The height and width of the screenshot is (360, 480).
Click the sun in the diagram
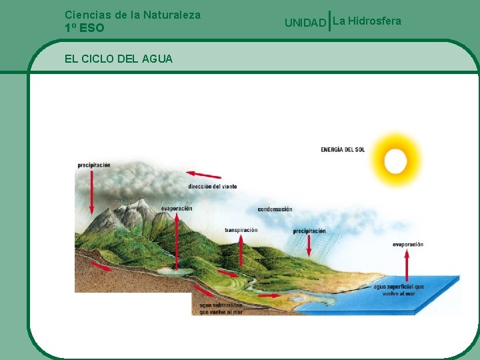(x=395, y=161)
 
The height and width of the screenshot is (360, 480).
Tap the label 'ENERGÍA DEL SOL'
(x=343, y=149)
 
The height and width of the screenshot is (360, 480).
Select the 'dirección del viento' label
(x=212, y=186)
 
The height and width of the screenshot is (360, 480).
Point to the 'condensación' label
(x=275, y=209)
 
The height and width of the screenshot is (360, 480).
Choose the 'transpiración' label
(x=241, y=230)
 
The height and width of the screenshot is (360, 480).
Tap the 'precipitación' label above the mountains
(x=93, y=165)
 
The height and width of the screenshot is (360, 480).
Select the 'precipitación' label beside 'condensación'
(x=309, y=231)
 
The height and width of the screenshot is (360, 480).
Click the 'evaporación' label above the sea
(x=407, y=244)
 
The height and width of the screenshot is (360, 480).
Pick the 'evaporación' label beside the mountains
(x=176, y=208)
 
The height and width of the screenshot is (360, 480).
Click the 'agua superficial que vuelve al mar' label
(x=399, y=290)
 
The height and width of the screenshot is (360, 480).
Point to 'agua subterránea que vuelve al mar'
(x=221, y=308)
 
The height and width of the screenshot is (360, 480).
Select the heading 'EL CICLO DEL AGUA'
(x=119, y=59)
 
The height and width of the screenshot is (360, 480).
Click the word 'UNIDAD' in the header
(x=305, y=23)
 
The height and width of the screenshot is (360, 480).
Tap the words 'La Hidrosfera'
(x=367, y=21)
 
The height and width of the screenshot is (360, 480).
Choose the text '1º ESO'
(x=85, y=28)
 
